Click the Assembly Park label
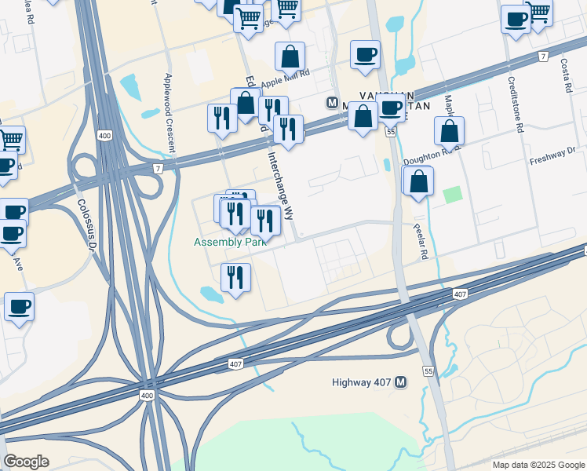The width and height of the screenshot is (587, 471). [x=231, y=243]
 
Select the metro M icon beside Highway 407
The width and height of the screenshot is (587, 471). [x=401, y=382]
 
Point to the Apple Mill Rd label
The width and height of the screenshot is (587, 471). [x=286, y=81]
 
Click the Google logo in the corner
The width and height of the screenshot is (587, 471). [x=26, y=462]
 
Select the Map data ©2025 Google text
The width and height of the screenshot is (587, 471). [x=538, y=465]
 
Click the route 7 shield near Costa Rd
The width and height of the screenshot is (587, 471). [x=543, y=57]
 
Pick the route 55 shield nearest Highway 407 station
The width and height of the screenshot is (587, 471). [x=428, y=370]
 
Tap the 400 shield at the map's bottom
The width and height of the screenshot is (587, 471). [x=148, y=396]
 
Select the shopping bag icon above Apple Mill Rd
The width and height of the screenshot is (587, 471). [x=290, y=57]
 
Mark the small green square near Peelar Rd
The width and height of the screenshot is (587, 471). [x=451, y=194]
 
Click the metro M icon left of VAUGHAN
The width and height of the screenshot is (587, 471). [x=333, y=103]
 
